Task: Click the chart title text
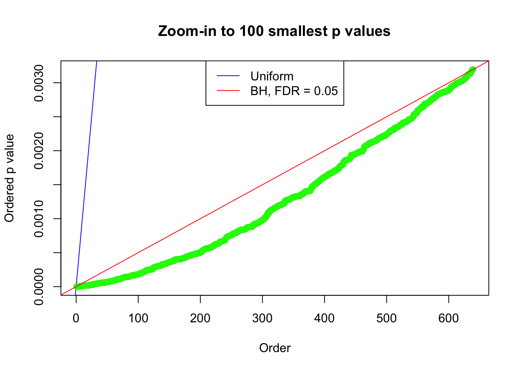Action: [x=274, y=31]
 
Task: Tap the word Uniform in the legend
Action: [x=272, y=76]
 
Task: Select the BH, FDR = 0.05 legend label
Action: [x=294, y=91]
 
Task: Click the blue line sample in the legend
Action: [x=228, y=76]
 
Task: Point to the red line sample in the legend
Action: [x=228, y=91]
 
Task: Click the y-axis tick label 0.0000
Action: [x=39, y=287]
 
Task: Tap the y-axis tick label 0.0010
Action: [x=39, y=219]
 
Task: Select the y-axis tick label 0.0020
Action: [x=39, y=151]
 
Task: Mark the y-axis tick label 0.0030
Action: [x=39, y=83]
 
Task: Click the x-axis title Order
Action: [x=275, y=348]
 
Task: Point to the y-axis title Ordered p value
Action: [x=9, y=178]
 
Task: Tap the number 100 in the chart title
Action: [x=251, y=31]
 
